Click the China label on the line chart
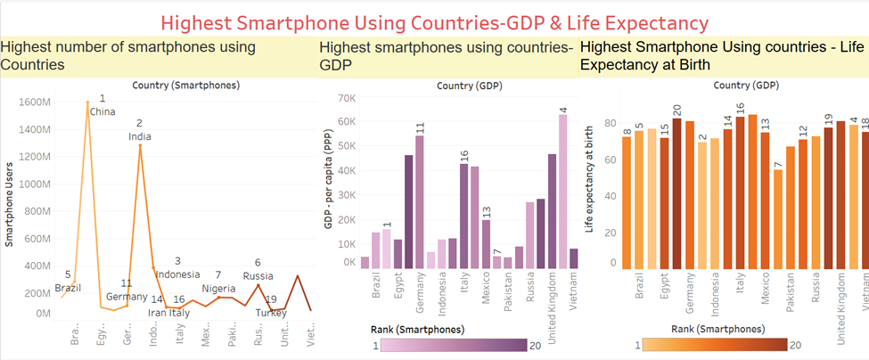pyautogui.click(x=102, y=111)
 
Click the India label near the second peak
pyautogui.click(x=139, y=136)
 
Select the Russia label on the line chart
pyautogui.click(x=258, y=276)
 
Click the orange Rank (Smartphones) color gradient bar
pyautogui.click(x=714, y=346)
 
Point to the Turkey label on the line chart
pyautogui.click(x=268, y=313)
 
